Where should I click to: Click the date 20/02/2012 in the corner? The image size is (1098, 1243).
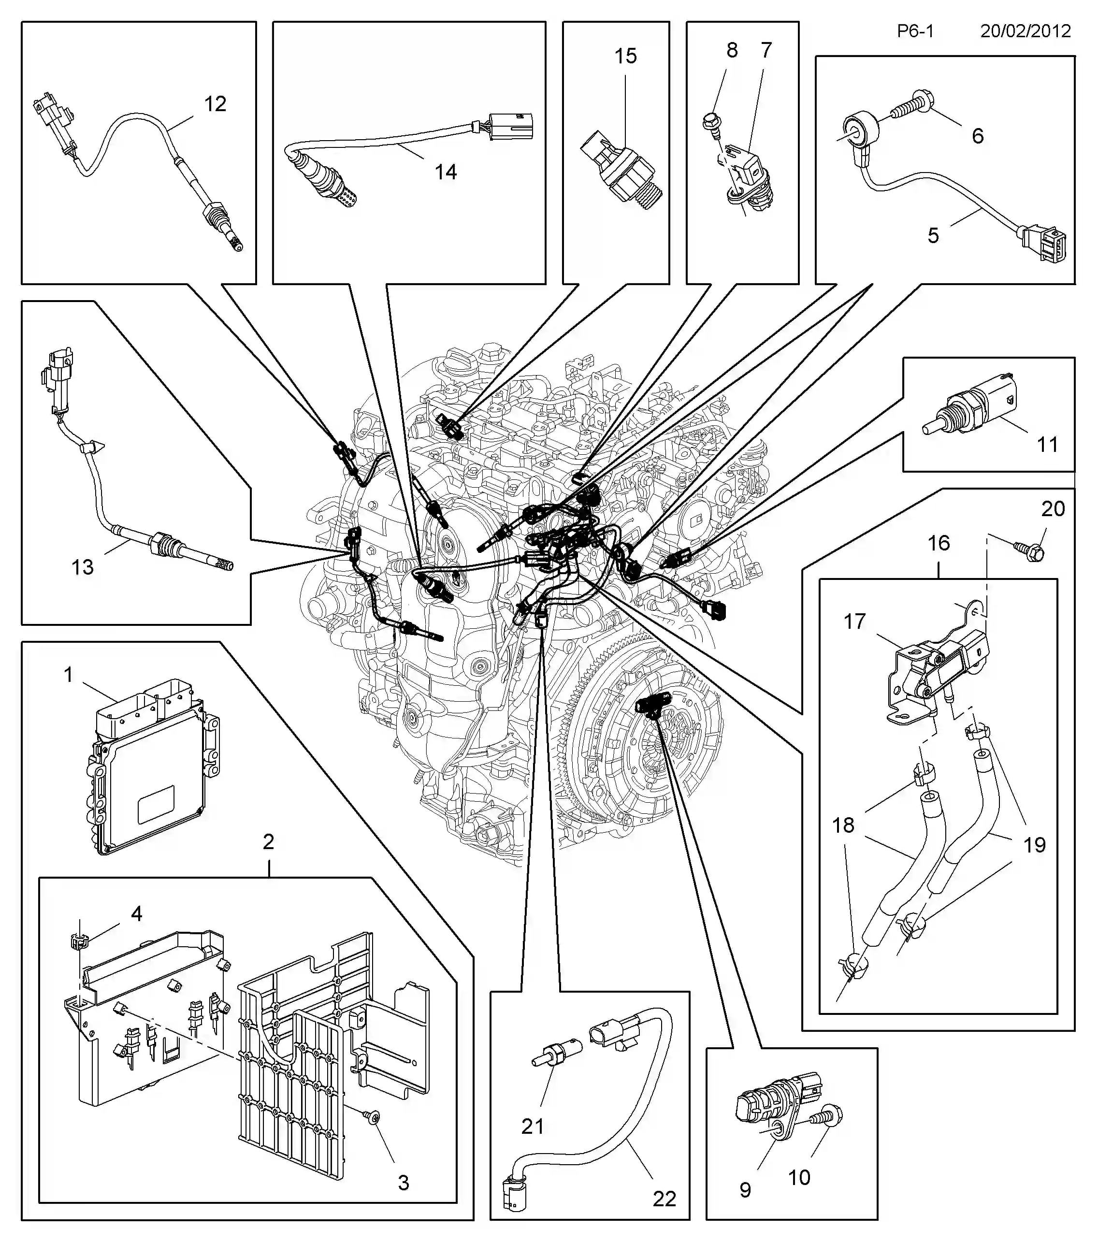[1025, 31]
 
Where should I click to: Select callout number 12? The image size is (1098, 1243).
[215, 104]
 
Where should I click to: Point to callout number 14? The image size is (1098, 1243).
[446, 172]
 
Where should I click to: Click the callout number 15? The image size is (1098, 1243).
[626, 56]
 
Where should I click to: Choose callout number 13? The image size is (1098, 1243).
[83, 567]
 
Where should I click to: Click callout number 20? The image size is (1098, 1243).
[1054, 508]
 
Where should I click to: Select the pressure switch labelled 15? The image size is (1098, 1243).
[618, 170]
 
